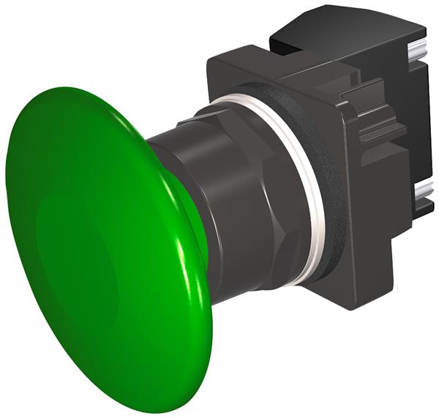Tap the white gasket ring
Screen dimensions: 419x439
coord(311,183)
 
